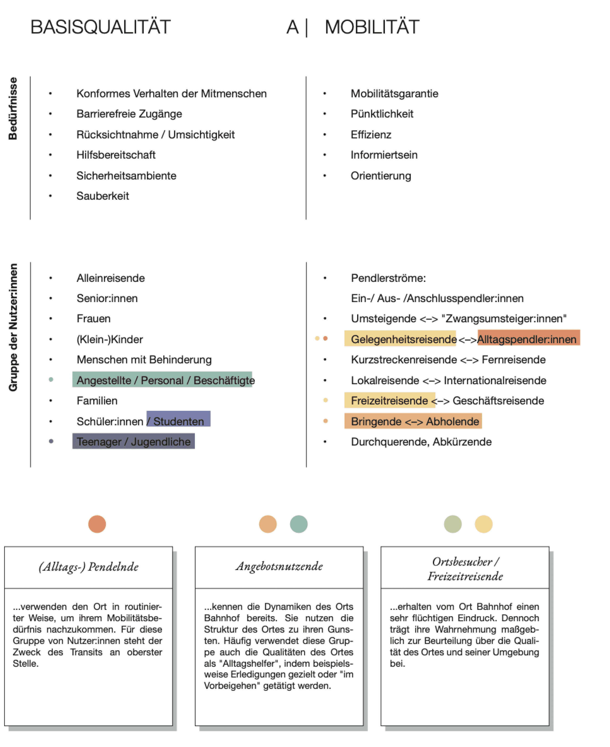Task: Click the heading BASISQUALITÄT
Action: (101, 27)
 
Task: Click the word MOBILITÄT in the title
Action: (372, 27)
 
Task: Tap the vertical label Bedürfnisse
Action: (13, 109)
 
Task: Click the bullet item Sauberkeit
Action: (103, 196)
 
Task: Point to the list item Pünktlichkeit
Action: (382, 114)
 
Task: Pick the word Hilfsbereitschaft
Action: (116, 155)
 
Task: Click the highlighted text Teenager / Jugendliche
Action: (134, 442)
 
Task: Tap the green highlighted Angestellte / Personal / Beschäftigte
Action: (165, 380)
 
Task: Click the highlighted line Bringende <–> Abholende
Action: (415, 421)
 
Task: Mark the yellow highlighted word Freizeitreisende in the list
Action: (389, 400)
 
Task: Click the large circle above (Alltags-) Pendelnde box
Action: (97, 524)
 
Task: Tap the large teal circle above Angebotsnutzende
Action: (299, 524)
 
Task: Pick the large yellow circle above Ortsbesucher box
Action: (483, 524)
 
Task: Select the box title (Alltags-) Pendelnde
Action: (89, 567)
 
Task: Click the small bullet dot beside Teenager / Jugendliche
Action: (51, 441)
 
